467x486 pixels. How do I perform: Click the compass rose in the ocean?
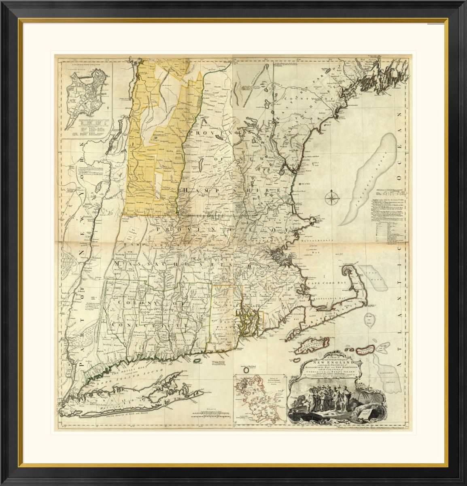click(331, 198)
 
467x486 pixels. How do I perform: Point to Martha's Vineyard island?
click(310, 344)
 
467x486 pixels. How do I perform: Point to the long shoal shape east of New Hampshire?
click(368, 178)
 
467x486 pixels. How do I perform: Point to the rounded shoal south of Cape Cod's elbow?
click(371, 320)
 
